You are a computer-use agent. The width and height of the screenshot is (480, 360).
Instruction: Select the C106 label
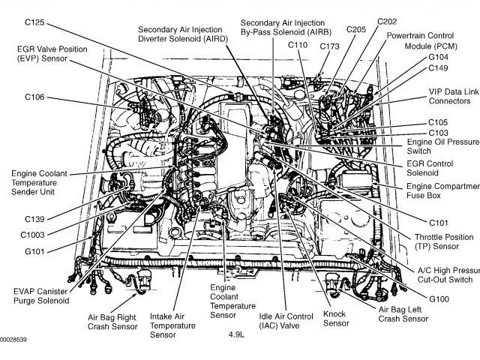pyautogui.click(x=34, y=97)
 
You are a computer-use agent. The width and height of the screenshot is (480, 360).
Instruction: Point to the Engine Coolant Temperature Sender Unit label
pyautogui.click(x=42, y=181)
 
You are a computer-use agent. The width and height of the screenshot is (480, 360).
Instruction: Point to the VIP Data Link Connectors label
pyautogui.click(x=453, y=95)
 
